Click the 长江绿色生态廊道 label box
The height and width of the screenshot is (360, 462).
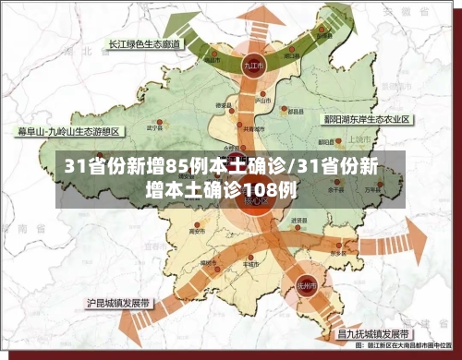click(x=143, y=43)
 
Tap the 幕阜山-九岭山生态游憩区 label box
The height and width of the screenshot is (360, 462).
click(x=60, y=131)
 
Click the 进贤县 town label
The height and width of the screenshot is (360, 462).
click(x=298, y=222)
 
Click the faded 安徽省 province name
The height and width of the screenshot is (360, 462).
click(x=404, y=37)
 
